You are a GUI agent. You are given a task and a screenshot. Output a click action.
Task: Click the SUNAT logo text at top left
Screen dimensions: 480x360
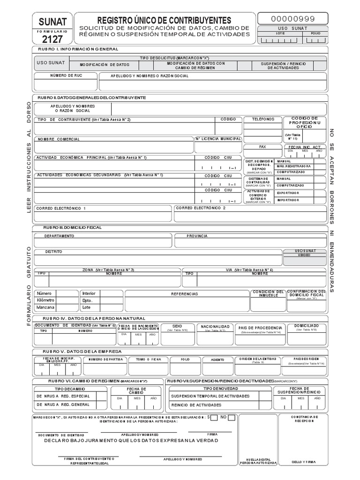coord(52,22)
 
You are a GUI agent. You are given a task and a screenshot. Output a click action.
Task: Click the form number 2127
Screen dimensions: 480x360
coord(52,38)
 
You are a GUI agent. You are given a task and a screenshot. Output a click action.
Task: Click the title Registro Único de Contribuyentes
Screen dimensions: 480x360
coord(164,20)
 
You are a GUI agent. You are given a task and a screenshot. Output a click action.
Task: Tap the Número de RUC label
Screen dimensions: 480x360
coord(66,75)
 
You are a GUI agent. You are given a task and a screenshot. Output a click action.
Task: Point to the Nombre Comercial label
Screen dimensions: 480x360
coord(59,139)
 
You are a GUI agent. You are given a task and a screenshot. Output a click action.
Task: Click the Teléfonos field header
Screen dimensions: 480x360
coord(263,120)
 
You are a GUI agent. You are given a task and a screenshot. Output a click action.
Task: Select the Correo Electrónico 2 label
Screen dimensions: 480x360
coord(201,208)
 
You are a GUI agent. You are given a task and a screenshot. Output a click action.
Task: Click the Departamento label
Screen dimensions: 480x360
coord(60,236)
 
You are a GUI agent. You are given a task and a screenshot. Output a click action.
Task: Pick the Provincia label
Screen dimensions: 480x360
coord(197,236)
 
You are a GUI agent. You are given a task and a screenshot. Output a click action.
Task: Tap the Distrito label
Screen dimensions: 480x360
coord(53,252)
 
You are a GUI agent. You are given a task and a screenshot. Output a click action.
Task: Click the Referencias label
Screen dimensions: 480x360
coord(184,294)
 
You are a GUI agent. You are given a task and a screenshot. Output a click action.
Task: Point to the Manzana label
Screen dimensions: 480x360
coord(45,307)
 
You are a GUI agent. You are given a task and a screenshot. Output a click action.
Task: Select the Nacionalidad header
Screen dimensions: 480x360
coord(215,326)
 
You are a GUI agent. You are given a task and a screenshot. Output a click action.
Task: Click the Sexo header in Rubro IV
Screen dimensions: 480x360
coord(177,325)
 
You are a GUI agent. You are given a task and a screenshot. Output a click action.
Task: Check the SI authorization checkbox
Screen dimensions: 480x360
coord(214,417)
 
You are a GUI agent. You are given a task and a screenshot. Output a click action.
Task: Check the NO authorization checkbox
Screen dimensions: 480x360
coord(232,417)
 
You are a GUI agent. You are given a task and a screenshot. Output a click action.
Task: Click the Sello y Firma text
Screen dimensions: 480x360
coord(304,462)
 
